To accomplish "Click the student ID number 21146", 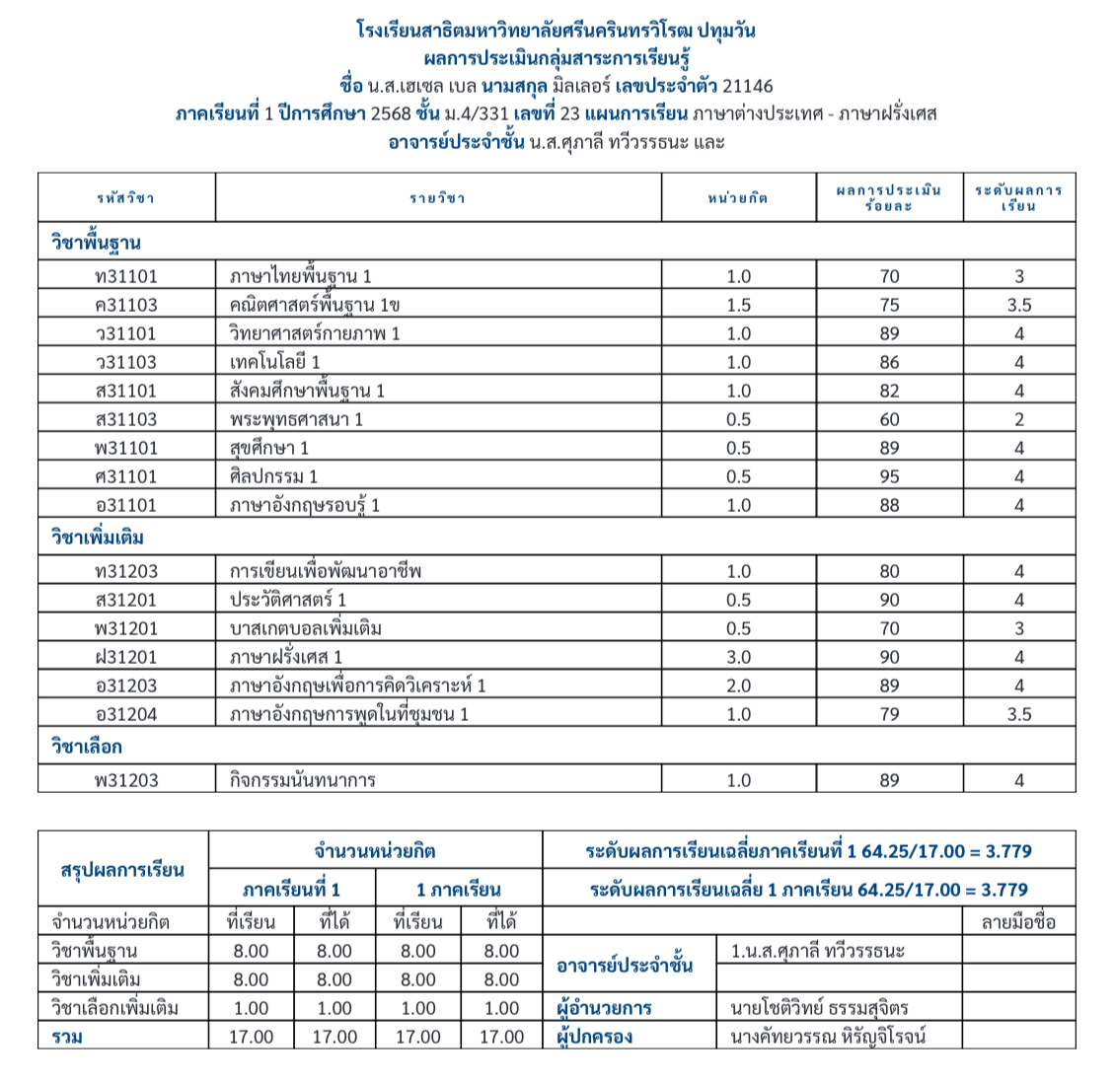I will click(747, 86).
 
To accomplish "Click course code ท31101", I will click(125, 277).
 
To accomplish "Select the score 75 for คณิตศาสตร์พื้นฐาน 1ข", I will click(889, 306).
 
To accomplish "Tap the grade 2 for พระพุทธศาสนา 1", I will click(1018, 420).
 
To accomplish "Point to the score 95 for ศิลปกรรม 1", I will click(889, 477).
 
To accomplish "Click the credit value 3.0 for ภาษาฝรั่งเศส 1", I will click(738, 658).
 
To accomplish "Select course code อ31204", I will click(125, 715).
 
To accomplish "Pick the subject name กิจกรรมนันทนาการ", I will click(302, 781).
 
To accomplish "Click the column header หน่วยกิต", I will click(738, 198).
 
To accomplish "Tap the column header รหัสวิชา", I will click(125, 198).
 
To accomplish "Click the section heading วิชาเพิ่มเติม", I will click(98, 539).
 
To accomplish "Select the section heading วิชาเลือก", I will click(87, 748).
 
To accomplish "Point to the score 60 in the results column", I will click(889, 420).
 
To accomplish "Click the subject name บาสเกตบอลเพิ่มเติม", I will click(305, 629).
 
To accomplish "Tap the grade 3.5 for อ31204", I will click(1018, 715).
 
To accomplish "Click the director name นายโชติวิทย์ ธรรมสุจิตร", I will click(819, 1008).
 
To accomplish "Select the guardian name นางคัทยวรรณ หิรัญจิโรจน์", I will click(828, 1037).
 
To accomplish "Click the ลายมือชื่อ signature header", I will click(1017, 922).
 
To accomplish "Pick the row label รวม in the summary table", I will click(67, 1037).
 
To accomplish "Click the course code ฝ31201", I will click(125, 658).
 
